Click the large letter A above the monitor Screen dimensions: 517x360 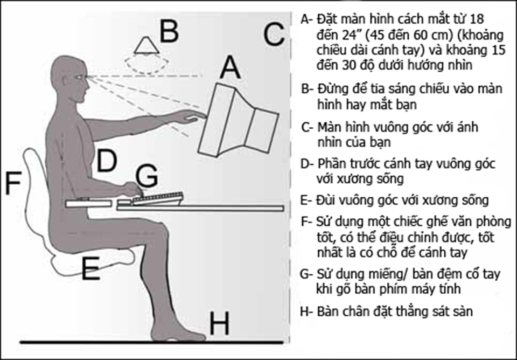click(x=230, y=67)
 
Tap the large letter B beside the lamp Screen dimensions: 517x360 click(x=169, y=31)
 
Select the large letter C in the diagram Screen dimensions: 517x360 click(x=274, y=34)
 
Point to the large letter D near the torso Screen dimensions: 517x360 click(x=107, y=161)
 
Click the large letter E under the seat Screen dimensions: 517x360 click(x=90, y=268)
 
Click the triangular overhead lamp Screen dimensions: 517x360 click(x=146, y=45)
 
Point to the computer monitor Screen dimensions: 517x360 click(x=238, y=120)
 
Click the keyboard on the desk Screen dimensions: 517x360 click(x=158, y=199)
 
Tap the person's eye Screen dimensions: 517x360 click(x=80, y=77)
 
